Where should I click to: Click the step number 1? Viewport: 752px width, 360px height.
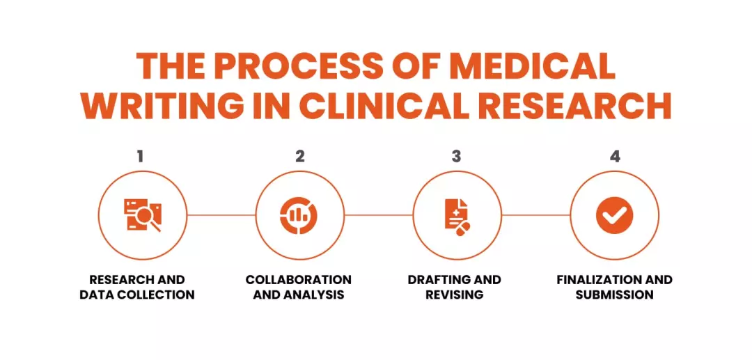[x=141, y=156]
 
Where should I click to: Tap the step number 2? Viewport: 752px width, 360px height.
[x=299, y=156]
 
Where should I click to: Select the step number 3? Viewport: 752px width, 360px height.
[x=457, y=156]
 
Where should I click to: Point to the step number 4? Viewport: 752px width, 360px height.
[x=615, y=156]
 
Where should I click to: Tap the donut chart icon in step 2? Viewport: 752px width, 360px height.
[x=299, y=215]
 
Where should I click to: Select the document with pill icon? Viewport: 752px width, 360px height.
[x=457, y=215]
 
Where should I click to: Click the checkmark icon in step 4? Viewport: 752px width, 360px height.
[x=615, y=215]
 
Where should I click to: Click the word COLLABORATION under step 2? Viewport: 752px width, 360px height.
[x=299, y=280]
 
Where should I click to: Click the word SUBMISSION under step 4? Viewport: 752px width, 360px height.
[x=615, y=295]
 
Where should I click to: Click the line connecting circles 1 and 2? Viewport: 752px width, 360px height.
[x=221, y=215]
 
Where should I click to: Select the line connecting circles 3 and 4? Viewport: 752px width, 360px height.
[x=535, y=215]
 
